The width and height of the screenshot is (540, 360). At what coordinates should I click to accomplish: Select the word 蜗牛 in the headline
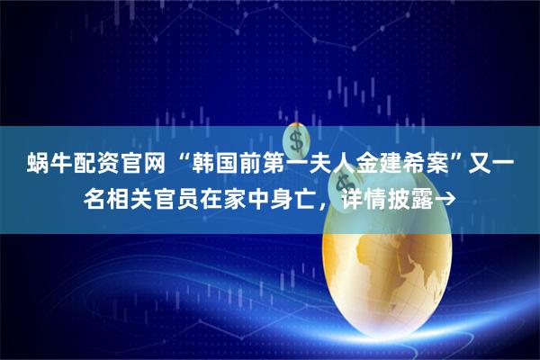41,166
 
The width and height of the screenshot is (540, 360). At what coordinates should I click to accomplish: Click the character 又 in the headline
491,166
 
